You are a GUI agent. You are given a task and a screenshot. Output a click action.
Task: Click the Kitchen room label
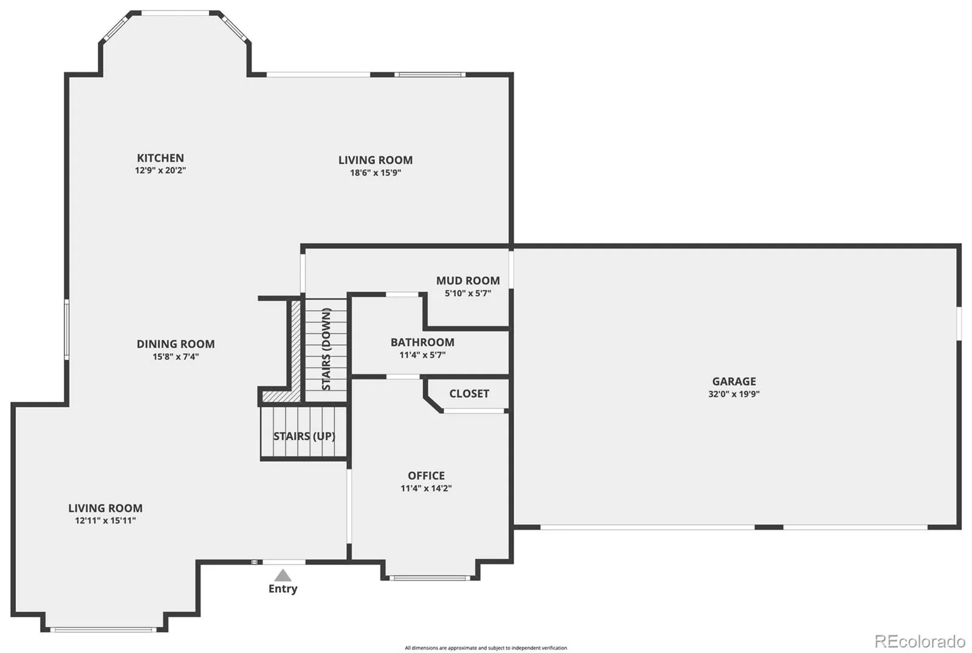(x=160, y=158)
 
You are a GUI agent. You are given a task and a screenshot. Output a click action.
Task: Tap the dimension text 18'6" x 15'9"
(x=375, y=172)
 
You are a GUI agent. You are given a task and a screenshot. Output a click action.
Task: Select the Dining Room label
(x=176, y=344)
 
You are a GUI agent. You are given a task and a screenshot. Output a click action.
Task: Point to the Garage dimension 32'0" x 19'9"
(x=734, y=394)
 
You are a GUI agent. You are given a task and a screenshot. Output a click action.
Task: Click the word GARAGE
(x=734, y=381)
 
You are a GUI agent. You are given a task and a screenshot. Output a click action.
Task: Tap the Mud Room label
(x=468, y=280)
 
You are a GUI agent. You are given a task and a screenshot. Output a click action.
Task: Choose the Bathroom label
(x=422, y=342)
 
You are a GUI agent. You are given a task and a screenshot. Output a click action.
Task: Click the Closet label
(x=469, y=393)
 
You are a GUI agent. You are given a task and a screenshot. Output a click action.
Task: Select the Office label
(x=426, y=475)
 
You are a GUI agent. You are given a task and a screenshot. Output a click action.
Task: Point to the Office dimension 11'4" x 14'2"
(x=426, y=488)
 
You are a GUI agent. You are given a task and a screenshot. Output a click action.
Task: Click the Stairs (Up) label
(x=304, y=436)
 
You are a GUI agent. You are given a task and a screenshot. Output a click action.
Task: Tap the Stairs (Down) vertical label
(x=326, y=349)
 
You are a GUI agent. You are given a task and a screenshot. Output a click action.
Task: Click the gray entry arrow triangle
(x=282, y=575)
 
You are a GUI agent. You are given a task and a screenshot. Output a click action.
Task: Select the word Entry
(x=283, y=589)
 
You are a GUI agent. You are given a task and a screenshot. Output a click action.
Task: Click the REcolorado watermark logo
(x=920, y=640)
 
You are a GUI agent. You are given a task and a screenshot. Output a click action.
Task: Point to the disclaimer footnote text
(x=485, y=648)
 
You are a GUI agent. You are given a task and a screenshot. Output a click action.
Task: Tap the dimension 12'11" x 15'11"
(x=106, y=520)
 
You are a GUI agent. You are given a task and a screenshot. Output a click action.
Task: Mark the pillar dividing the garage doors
(x=769, y=527)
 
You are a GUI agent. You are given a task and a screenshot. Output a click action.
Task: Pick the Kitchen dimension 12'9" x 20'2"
(x=160, y=171)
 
